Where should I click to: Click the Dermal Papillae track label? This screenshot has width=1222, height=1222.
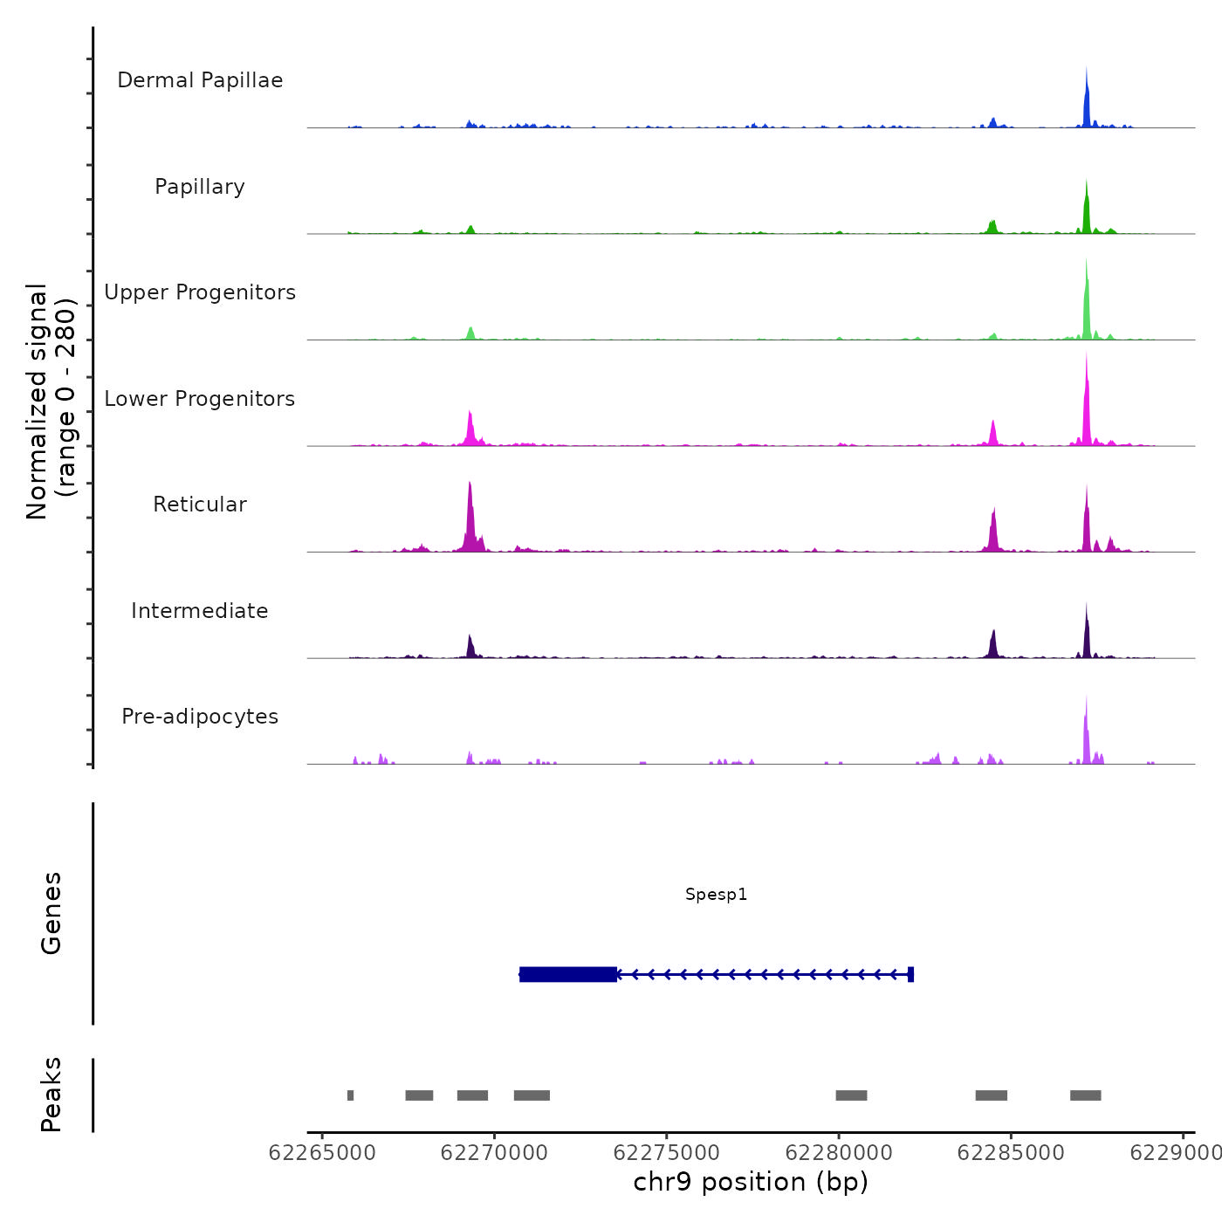pyautogui.click(x=200, y=80)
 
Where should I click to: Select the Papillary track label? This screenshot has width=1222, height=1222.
pyautogui.click(x=200, y=187)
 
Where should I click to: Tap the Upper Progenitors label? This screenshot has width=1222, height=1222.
pyautogui.click(x=200, y=292)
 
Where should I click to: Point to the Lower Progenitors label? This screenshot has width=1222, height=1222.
pyautogui.click(x=200, y=399)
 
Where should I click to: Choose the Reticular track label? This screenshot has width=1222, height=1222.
pyautogui.click(x=200, y=505)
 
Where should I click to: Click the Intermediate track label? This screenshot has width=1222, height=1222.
pyautogui.click(x=200, y=611)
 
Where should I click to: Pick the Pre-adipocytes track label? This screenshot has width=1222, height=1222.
pyautogui.click(x=200, y=717)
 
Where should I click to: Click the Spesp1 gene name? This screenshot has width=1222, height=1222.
pyautogui.click(x=716, y=895)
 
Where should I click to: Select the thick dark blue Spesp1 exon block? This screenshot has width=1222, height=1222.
pyautogui.click(x=568, y=974)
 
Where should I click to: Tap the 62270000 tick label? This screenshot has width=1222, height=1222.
pyautogui.click(x=495, y=1153)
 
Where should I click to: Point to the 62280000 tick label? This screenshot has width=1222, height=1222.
pyautogui.click(x=839, y=1153)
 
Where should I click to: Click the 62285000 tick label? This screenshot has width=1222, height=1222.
pyautogui.click(x=1011, y=1153)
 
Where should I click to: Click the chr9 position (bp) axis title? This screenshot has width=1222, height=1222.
pyautogui.click(x=751, y=1182)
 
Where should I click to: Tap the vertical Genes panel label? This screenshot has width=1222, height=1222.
pyautogui.click(x=51, y=913)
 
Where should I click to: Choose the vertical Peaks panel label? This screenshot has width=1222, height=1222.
pyautogui.click(x=51, y=1095)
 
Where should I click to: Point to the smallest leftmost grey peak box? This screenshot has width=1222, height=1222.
pyautogui.click(x=350, y=1095)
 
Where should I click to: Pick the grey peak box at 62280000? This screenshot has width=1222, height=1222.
pyautogui.click(x=851, y=1095)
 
